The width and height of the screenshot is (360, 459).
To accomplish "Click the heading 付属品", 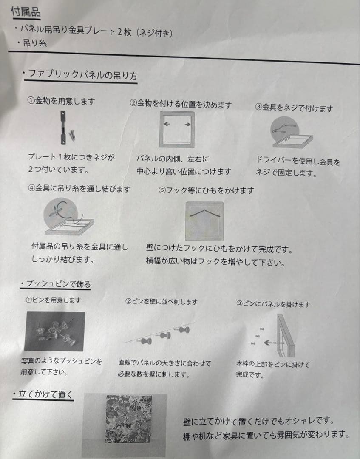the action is (x=26, y=12).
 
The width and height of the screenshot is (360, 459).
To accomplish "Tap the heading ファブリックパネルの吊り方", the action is (x=82, y=74).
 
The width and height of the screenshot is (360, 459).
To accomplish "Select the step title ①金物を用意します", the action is (x=61, y=101).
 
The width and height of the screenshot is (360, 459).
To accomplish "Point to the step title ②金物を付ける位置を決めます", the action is (x=181, y=104).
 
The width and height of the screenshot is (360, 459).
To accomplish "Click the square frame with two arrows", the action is (x=177, y=129).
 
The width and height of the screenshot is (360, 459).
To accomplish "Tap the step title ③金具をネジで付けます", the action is (x=294, y=108).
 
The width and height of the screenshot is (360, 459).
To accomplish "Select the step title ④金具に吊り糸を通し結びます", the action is (x=79, y=188).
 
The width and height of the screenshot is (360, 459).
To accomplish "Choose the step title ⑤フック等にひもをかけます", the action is (x=206, y=190).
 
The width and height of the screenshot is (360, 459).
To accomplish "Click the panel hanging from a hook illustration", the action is (x=204, y=221).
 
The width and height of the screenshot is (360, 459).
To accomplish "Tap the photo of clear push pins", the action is (x=55, y=331).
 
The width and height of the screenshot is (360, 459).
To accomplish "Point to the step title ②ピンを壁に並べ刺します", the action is (x=161, y=301).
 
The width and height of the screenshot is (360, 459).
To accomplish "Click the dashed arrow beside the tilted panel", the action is (x=274, y=343).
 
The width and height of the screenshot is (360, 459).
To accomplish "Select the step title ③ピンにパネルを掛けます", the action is (x=273, y=304).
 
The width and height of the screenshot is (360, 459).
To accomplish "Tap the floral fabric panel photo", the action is (x=129, y=419).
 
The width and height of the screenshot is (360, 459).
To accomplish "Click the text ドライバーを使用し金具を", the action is (x=298, y=161).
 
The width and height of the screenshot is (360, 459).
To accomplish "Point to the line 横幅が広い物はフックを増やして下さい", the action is (x=215, y=261).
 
